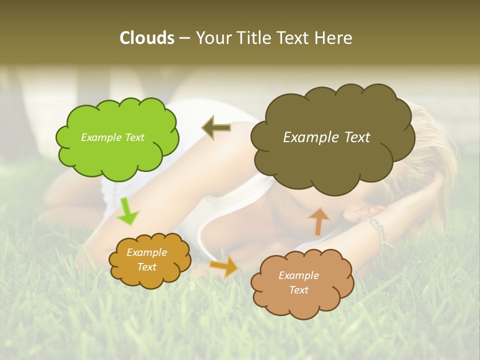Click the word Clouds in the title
coord(147,38)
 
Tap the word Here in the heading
coord(334,38)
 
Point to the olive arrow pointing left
coord(216,128)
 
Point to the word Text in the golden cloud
coord(146,267)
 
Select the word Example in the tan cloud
coord(298,275)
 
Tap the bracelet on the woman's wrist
coord(379,230)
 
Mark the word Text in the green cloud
coord(134,137)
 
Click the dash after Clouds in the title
coord(184,38)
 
